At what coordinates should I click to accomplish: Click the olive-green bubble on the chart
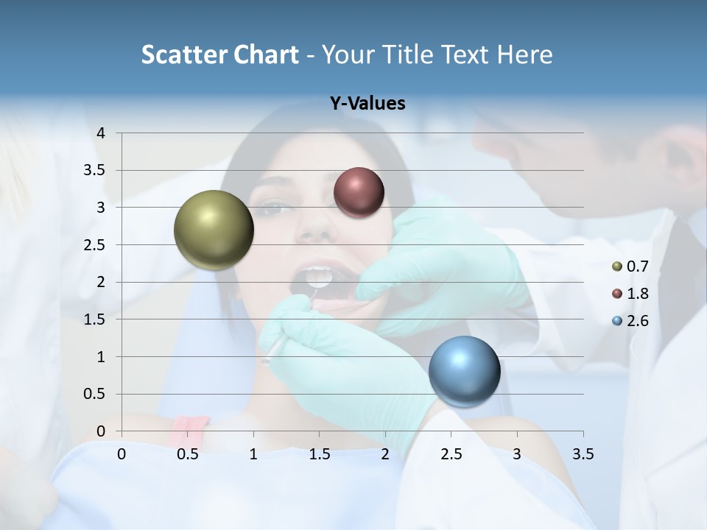[214, 230]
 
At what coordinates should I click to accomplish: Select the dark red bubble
[359, 192]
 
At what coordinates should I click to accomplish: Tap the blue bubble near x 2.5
[464, 371]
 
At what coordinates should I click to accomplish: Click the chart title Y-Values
[367, 104]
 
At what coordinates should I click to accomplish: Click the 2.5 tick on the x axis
[451, 454]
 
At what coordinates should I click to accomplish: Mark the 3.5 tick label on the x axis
[583, 454]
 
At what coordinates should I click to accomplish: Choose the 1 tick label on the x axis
[253, 454]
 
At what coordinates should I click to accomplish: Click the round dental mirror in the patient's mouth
[319, 278]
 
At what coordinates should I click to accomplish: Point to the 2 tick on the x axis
[385, 454]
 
